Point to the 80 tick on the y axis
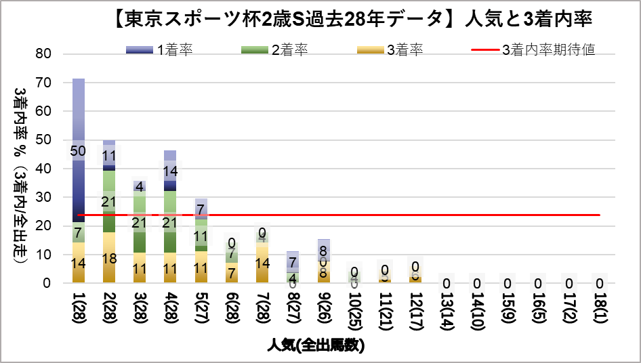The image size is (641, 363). tap(43, 54)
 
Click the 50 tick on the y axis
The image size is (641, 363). tap(43, 140)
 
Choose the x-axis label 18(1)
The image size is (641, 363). tap(599, 310)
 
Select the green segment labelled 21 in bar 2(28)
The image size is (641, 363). tap(108, 201)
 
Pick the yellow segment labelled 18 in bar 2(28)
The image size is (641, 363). tap(108, 258)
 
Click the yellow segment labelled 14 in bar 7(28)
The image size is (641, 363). tap(262, 263)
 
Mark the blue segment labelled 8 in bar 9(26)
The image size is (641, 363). tap(324, 250)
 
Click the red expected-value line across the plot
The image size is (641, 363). tap(407, 215)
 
